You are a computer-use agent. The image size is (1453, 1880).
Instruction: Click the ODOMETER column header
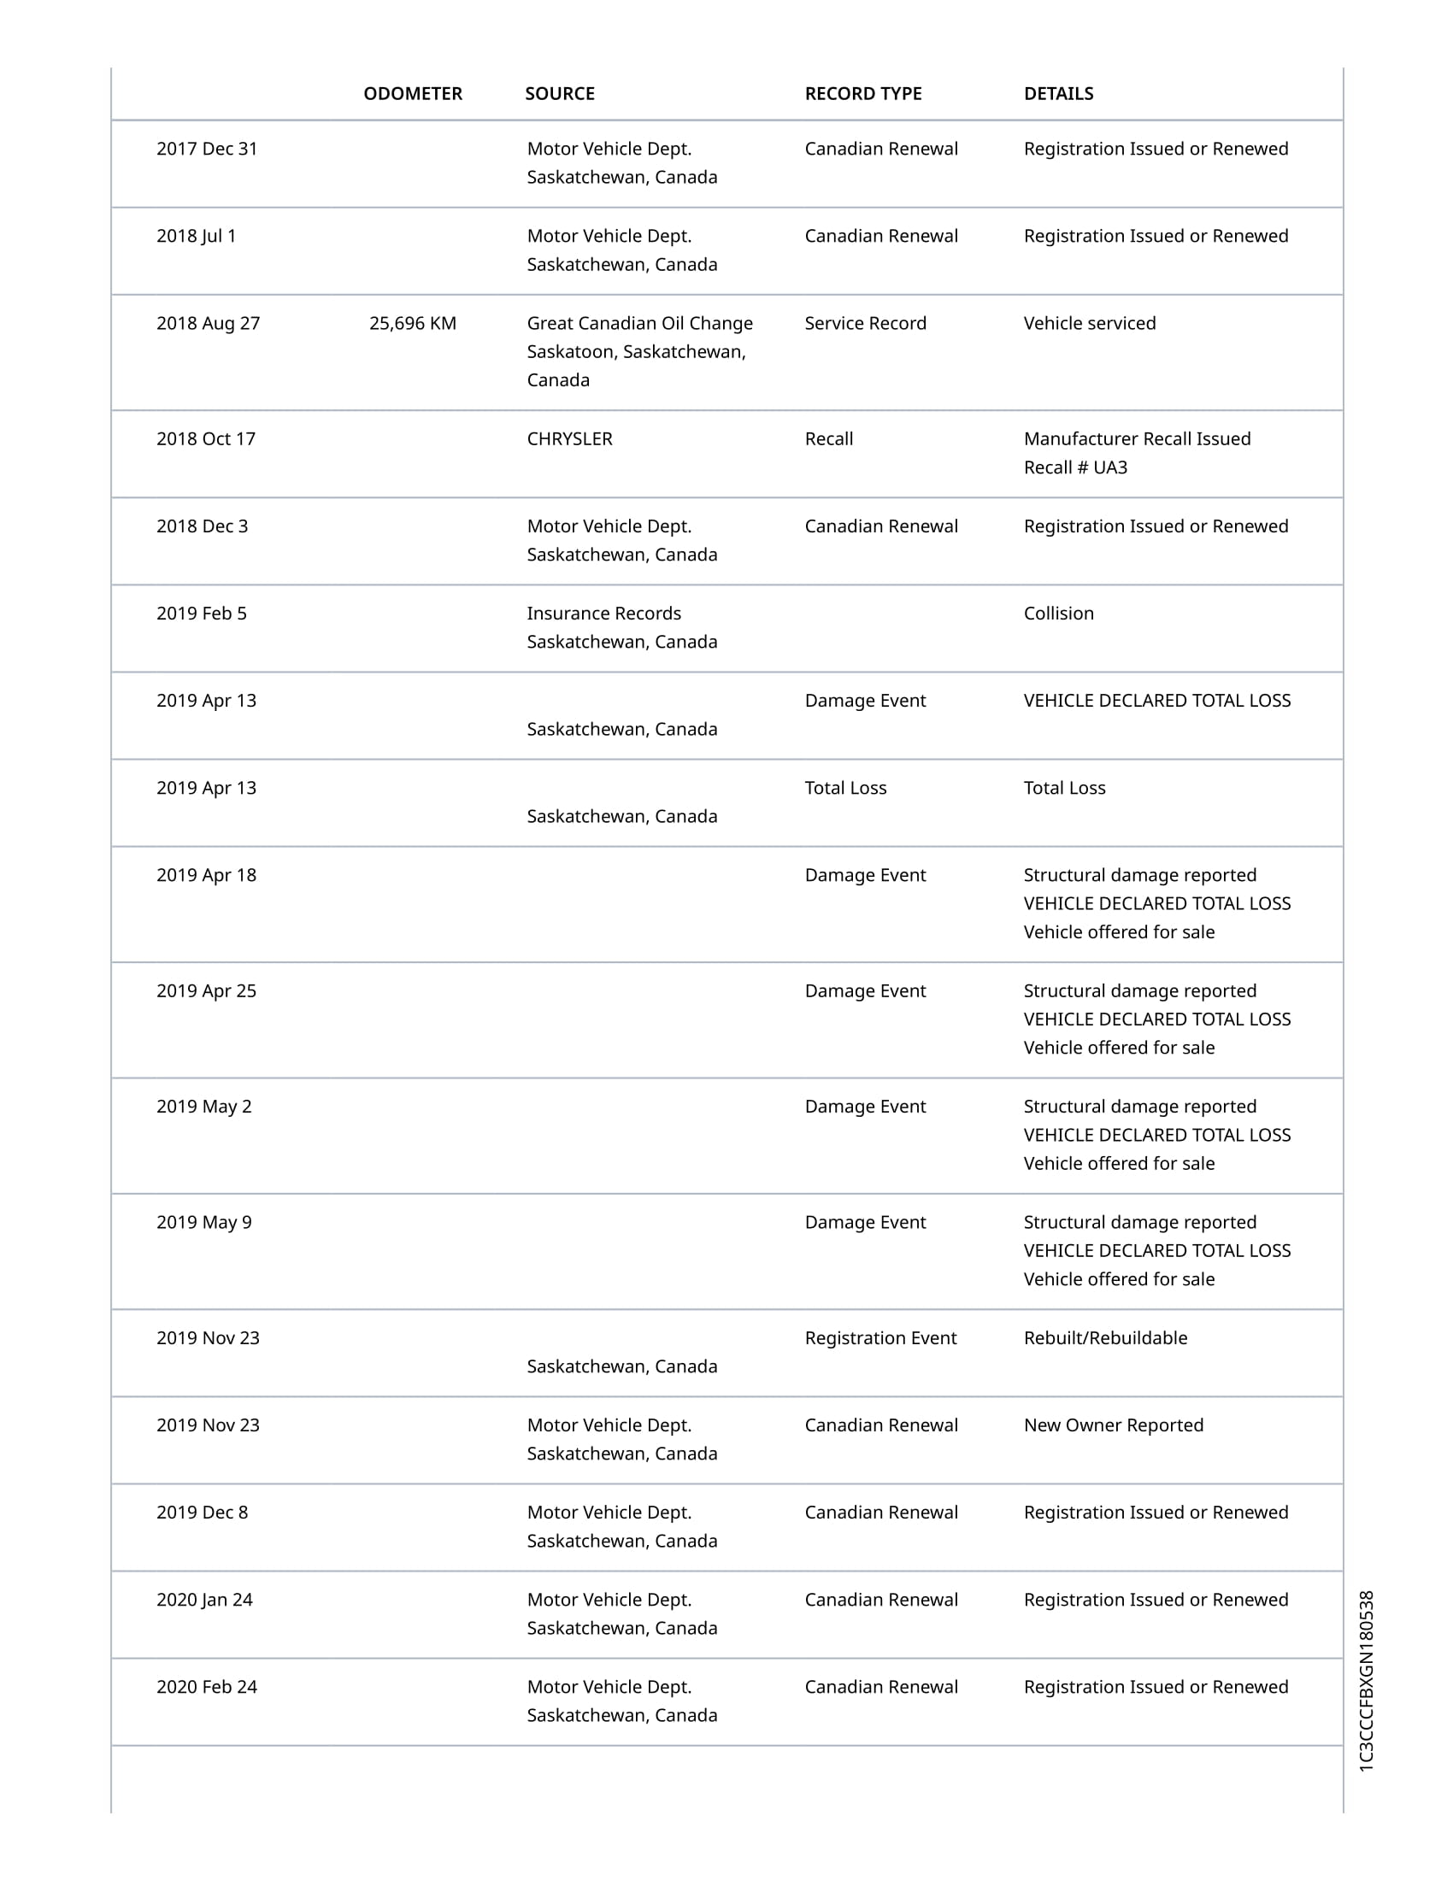point(412,94)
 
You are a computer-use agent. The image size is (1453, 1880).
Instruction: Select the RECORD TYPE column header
point(862,94)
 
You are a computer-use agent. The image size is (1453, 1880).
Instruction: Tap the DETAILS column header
point(1058,94)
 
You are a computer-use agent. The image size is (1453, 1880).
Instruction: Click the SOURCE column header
point(560,94)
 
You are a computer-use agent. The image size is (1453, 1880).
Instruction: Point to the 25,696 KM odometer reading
point(412,324)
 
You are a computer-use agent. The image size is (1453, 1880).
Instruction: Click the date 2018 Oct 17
point(206,439)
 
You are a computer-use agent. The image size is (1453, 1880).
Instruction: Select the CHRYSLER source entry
point(569,439)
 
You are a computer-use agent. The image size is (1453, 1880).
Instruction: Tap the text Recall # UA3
point(1075,467)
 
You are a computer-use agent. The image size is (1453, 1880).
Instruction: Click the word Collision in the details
point(1058,614)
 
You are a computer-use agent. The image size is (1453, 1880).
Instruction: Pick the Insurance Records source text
point(603,614)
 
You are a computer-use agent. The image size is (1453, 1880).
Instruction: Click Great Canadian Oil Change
point(639,324)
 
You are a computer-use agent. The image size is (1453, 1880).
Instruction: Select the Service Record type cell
point(865,324)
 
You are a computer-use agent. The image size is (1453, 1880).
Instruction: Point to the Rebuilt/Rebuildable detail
point(1105,1337)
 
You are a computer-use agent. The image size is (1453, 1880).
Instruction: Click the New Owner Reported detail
point(1113,1425)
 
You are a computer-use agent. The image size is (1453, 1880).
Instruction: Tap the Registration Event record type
point(880,1337)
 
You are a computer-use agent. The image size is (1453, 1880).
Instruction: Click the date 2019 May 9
point(204,1222)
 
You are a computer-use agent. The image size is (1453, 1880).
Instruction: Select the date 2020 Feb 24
point(207,1686)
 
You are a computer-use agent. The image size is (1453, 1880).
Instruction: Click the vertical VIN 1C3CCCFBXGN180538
point(1366,1680)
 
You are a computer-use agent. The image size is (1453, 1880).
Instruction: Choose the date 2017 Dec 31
point(207,149)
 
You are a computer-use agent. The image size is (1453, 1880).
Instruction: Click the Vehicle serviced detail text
point(1089,324)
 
